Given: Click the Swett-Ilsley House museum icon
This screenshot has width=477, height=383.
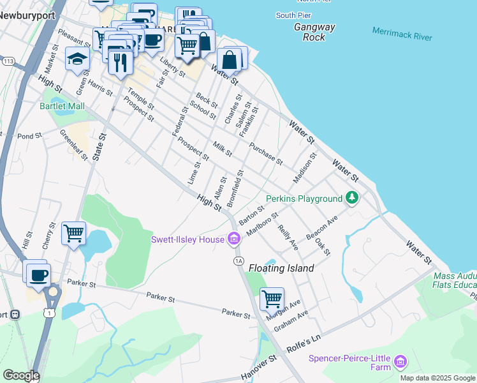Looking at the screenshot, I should pos(234,239).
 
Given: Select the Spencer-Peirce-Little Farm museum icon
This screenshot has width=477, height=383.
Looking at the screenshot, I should pos(400,362).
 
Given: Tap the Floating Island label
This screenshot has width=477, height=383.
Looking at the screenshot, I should pos(281,268).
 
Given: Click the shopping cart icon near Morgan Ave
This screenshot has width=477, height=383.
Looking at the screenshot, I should pos(272,297).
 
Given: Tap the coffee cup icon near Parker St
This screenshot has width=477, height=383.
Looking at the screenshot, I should pos(39,274).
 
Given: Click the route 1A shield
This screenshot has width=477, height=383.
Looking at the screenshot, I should pos(239,260).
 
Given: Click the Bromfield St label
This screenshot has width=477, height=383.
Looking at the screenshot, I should pos(238,183).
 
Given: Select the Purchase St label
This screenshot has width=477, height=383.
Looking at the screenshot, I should pos(265,153).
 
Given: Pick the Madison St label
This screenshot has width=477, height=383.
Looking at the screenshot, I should pos(305,167).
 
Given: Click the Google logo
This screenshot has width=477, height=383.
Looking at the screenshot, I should pos(21,375).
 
